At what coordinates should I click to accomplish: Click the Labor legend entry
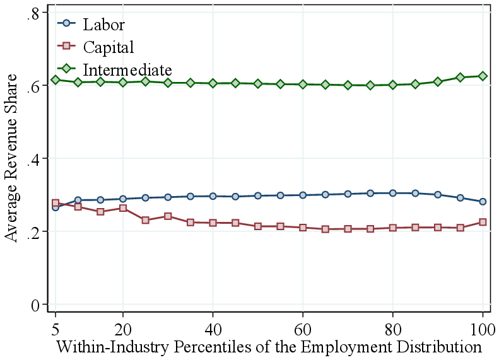click(x=103, y=25)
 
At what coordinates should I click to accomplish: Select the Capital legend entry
click(x=108, y=47)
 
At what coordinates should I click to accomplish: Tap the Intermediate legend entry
click(x=127, y=69)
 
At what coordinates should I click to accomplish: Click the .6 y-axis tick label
click(x=33, y=86)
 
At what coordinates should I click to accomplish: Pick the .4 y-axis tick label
click(x=33, y=159)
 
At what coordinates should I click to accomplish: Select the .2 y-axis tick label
click(x=33, y=231)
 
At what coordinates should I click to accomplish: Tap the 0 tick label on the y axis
click(x=36, y=305)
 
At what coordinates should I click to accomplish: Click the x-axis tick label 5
click(x=56, y=329)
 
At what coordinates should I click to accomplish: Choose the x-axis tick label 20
click(x=123, y=329)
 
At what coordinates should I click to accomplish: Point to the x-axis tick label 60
click(x=303, y=329)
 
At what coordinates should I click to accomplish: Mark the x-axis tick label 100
click(x=483, y=329)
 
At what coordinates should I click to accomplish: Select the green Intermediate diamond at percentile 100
click(x=483, y=76)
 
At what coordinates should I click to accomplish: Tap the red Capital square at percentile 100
click(x=483, y=222)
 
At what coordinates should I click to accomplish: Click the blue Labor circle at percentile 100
click(x=483, y=202)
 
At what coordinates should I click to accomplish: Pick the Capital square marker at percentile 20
click(x=123, y=208)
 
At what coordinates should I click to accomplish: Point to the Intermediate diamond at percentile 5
click(x=56, y=79)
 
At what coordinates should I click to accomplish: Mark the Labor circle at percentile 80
click(x=393, y=193)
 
